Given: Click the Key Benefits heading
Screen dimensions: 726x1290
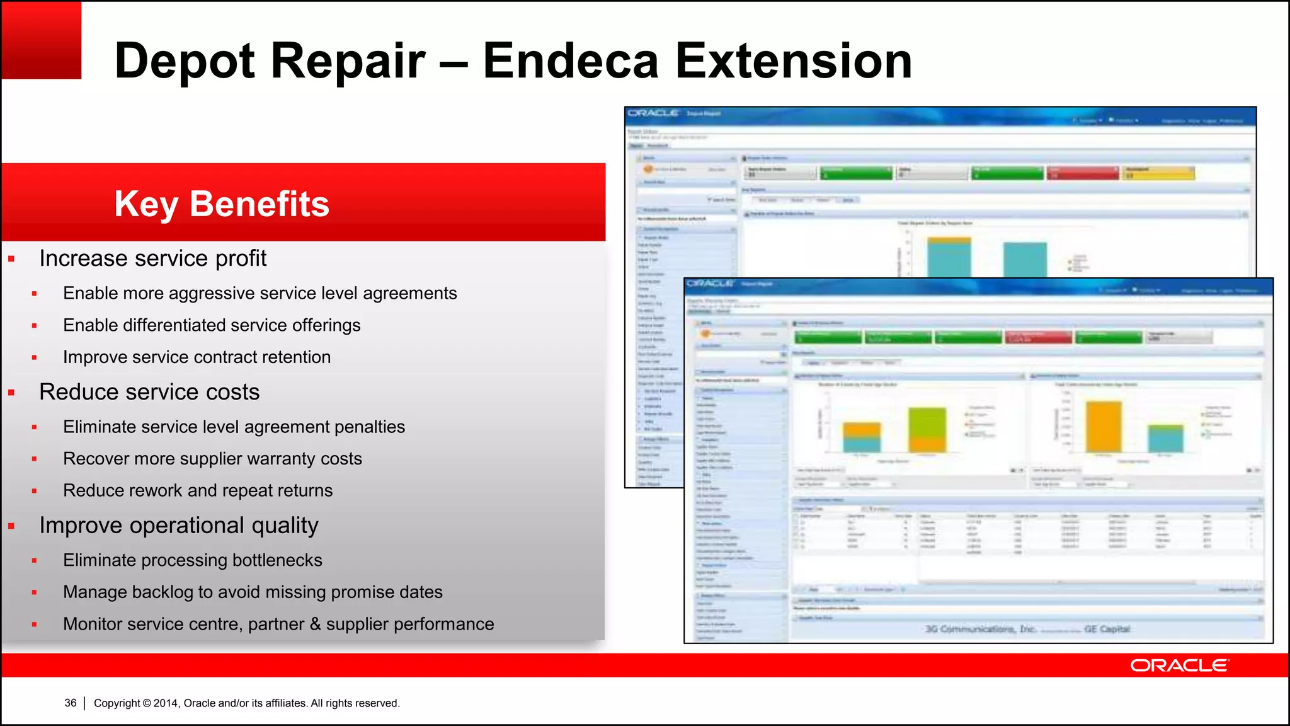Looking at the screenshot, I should pos(222,204).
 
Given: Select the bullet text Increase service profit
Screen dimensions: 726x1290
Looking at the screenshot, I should pos(152,258).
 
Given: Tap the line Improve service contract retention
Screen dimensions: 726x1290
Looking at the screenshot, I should pos(197,357).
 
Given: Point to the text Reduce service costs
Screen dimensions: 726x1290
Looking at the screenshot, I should pos(149,392).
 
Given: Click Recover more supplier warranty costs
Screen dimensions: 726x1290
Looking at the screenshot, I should pos(212,459).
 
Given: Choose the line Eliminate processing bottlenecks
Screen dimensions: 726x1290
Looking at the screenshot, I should pos(192,560).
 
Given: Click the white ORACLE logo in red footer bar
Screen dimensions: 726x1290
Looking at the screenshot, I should pos(1179,665).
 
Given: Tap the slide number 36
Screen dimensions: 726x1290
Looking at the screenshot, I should pos(71,703).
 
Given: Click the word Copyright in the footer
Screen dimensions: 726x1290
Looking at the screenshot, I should pos(117,703).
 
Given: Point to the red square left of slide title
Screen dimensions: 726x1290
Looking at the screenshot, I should pos(42,40).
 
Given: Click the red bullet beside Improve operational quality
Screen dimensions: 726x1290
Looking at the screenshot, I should pos(11,526).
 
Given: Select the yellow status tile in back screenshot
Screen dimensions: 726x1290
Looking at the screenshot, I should pos(1158,173).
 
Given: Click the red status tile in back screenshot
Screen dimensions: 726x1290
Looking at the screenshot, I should pos(1083,173).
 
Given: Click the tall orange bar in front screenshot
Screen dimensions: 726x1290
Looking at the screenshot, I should pos(1104,427).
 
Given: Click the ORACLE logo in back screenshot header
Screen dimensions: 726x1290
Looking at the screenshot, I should pos(653,113).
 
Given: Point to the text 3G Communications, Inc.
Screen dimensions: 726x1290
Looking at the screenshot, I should pos(980,629).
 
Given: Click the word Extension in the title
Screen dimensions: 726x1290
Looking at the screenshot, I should pos(794,61).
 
